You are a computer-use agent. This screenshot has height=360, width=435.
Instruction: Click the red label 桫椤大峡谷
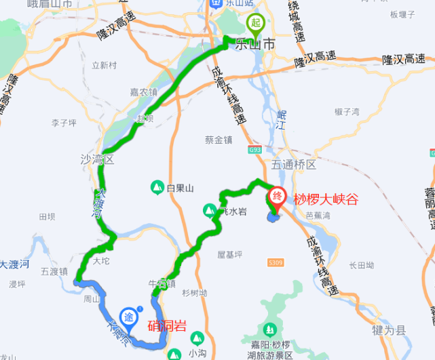[325, 199]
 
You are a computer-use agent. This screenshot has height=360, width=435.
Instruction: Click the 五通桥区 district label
[294, 165]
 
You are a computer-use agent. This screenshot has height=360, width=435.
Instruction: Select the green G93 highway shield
[254, 148]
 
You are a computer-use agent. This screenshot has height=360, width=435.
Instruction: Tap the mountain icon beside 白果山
[156, 187]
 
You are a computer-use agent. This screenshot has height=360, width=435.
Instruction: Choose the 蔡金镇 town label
[219, 140]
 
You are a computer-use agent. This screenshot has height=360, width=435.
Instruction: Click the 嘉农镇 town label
[144, 92]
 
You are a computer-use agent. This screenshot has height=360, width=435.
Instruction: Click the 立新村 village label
[105, 66]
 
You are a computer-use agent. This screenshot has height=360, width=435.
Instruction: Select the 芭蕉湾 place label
[318, 216]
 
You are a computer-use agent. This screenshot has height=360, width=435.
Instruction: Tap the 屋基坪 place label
[229, 255]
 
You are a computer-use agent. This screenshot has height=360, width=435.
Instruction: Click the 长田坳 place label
[361, 265]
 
